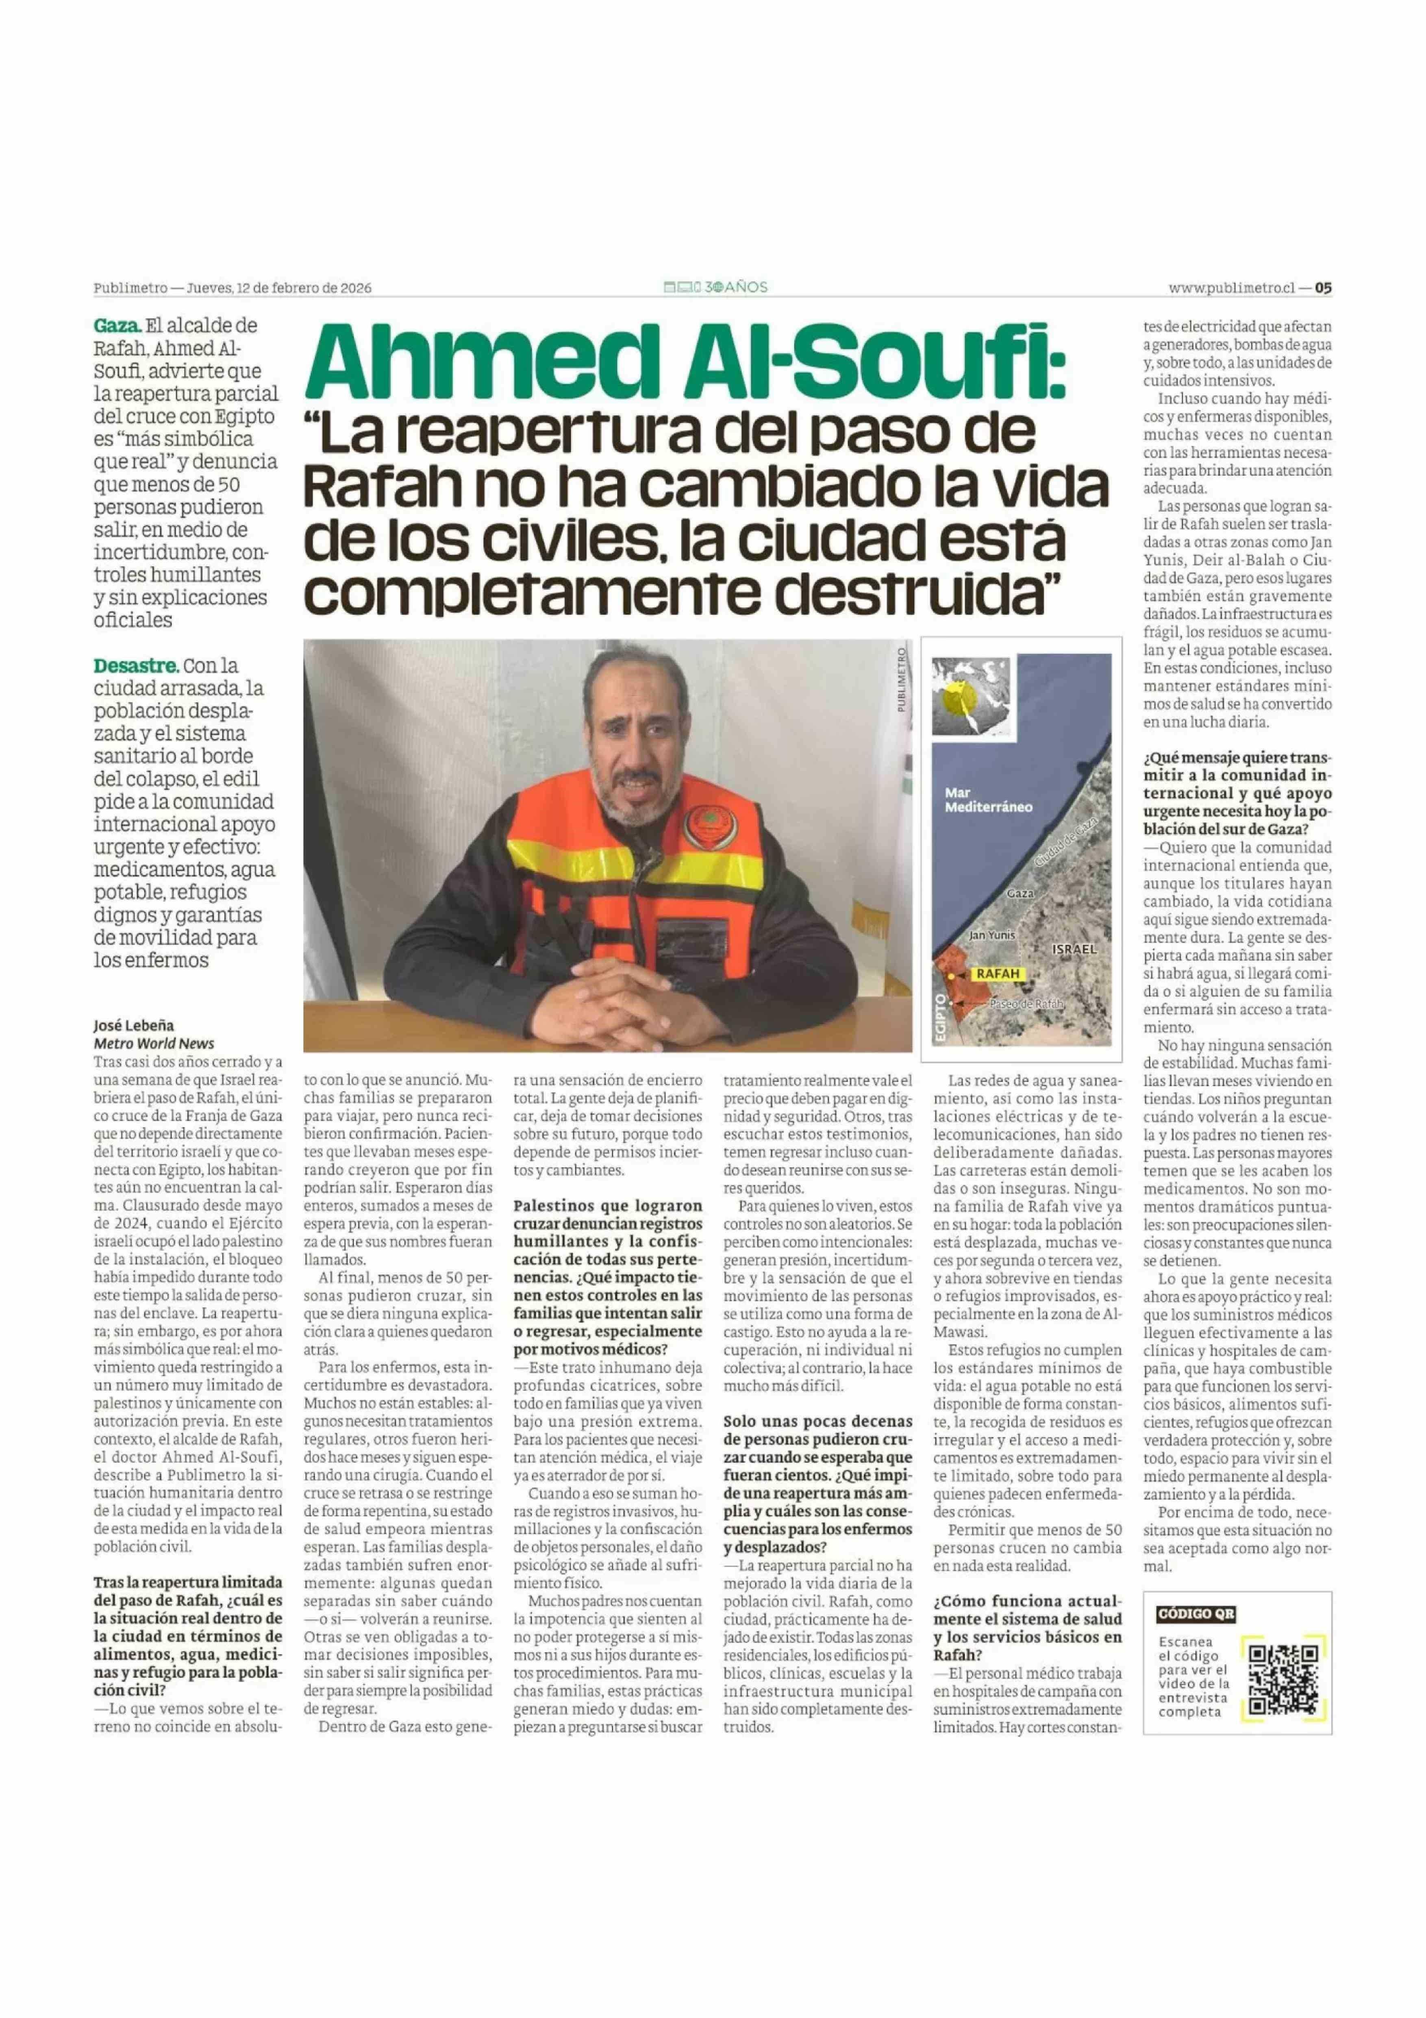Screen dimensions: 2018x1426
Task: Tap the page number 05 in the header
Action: (x=1323, y=288)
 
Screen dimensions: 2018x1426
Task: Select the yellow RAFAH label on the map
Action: (x=997, y=974)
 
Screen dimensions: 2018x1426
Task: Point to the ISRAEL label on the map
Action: (x=1074, y=949)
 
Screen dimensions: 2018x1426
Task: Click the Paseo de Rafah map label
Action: (x=1025, y=1003)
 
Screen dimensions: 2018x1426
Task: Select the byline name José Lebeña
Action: (x=134, y=1025)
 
